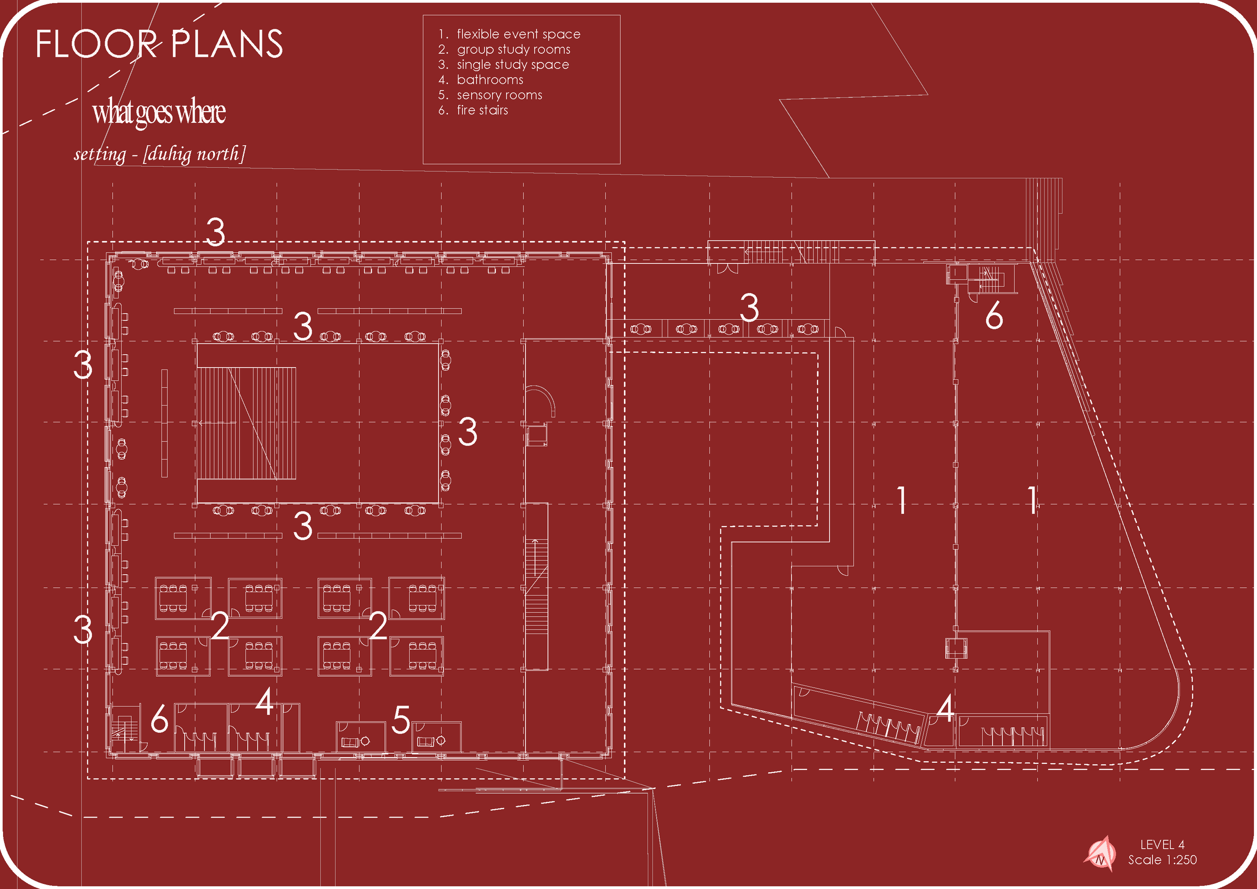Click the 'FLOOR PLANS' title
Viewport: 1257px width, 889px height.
point(159,44)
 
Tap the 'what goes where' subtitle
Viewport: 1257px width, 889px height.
point(159,112)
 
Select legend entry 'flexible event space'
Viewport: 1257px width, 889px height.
point(518,34)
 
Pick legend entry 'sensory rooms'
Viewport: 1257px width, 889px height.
point(499,95)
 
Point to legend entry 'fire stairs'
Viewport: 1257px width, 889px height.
point(482,110)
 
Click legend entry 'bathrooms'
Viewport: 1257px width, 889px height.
point(489,79)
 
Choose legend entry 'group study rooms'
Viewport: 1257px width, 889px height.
point(513,49)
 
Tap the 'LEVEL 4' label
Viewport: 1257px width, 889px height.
point(1162,844)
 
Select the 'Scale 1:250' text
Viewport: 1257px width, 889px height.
point(1162,859)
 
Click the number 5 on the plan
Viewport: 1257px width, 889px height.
point(401,720)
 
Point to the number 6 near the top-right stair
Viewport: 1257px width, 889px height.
point(994,315)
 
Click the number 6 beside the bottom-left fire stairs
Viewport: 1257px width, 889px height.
point(159,719)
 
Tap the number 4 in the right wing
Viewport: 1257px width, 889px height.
point(945,708)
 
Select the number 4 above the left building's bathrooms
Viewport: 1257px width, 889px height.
point(265,702)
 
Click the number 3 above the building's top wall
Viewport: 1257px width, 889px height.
point(215,232)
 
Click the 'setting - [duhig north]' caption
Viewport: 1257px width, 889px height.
point(159,154)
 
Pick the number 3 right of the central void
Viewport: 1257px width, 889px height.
point(468,431)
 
